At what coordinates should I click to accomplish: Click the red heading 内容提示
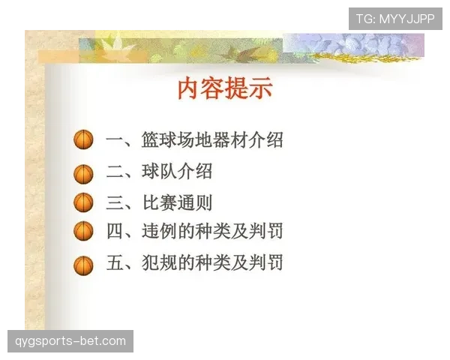point(224,88)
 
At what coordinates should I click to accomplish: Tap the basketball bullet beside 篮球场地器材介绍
point(83,140)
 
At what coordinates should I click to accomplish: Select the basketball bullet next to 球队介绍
point(83,173)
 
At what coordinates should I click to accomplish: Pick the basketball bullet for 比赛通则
point(83,203)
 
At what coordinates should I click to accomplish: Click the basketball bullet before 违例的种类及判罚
point(83,232)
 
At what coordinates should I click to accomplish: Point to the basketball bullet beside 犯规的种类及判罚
point(83,264)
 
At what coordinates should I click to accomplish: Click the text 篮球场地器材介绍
point(212,140)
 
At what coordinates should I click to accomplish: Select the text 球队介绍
point(177,172)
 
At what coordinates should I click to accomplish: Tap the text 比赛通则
point(177,202)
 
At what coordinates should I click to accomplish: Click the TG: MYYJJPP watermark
point(395,19)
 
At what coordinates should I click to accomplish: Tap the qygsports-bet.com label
point(70,341)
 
